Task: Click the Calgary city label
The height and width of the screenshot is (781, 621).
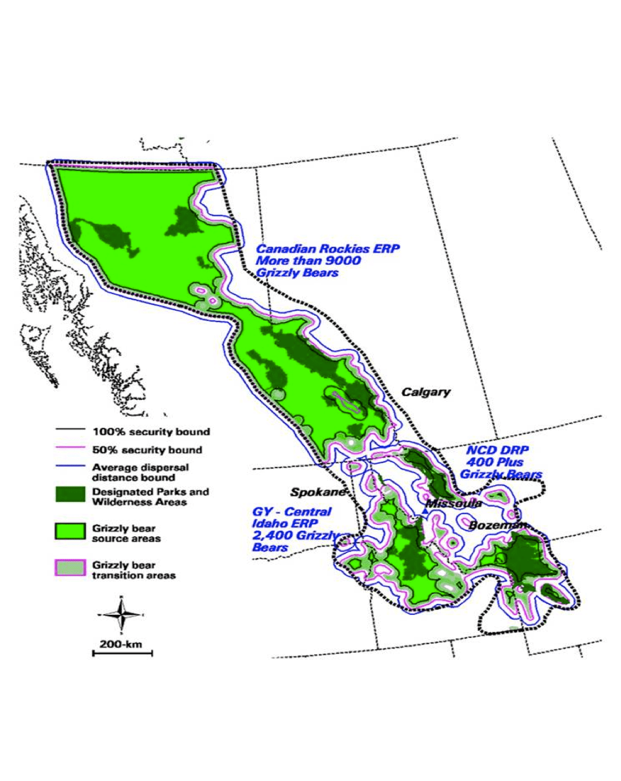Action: (426, 392)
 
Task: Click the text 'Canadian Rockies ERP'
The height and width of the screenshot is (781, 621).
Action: (328, 249)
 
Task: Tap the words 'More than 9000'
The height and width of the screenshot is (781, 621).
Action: (308, 261)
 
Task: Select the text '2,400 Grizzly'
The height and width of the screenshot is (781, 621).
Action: (295, 535)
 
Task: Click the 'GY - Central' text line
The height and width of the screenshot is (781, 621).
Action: (292, 512)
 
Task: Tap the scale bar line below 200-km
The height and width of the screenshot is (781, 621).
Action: (122, 653)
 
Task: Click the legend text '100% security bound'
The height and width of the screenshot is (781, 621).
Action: (151, 432)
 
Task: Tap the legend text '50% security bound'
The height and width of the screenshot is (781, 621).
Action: (147, 450)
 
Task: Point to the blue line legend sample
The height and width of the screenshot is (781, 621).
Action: (70, 468)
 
